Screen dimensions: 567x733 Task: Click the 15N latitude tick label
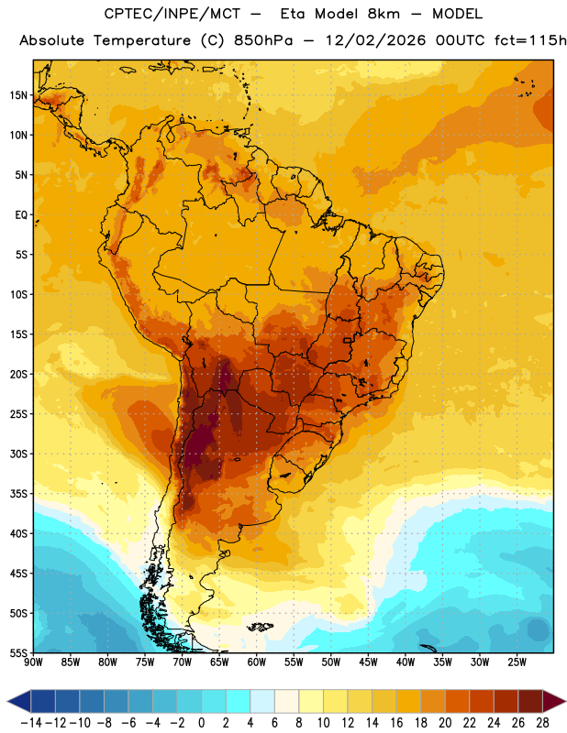tap(18, 95)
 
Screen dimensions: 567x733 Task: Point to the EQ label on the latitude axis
tap(21, 215)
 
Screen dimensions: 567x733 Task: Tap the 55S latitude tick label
tap(18, 652)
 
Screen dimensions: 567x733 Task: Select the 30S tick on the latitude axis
tap(18, 454)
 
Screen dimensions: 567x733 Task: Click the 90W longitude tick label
tap(33, 662)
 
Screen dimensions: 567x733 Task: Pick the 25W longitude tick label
tap(517, 662)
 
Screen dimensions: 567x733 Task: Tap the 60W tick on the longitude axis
tap(257, 662)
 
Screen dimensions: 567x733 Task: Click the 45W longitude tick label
tap(368, 662)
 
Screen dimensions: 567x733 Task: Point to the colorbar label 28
tap(542, 723)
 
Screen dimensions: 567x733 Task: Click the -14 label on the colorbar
tap(31, 723)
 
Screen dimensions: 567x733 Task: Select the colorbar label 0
tap(201, 723)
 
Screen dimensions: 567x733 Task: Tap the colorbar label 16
tap(396, 723)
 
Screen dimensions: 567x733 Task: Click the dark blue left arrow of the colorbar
tap(19, 701)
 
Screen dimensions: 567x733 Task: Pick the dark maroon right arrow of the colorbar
tap(554, 701)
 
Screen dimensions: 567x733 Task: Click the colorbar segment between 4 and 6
tap(262, 701)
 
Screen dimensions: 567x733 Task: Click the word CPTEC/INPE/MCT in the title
tap(172, 14)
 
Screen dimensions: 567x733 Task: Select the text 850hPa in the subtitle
tap(263, 40)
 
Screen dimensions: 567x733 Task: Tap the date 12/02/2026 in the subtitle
tap(375, 40)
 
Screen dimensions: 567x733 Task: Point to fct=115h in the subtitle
tap(530, 40)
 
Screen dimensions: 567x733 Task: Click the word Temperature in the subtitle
tap(142, 41)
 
